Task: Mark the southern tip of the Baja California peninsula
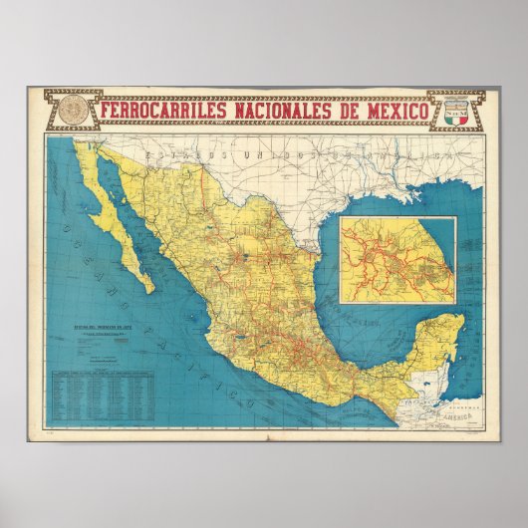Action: coord(150,291)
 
